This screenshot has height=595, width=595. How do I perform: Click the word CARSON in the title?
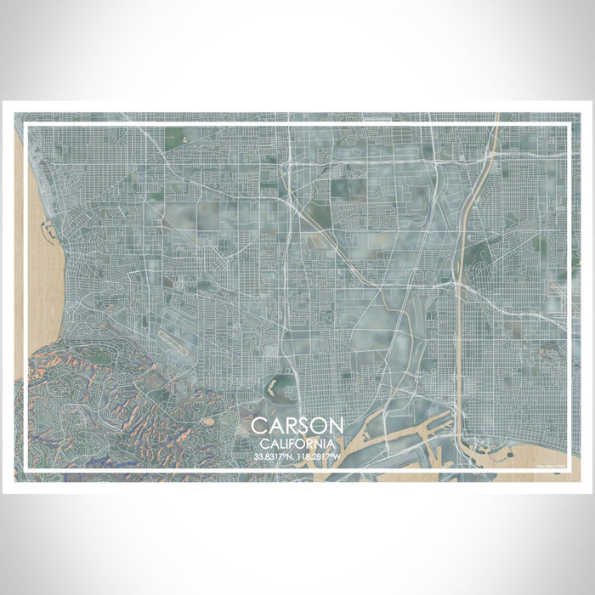click(297, 426)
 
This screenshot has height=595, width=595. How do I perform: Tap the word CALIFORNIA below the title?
click(297, 444)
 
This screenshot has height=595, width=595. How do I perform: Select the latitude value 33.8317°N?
click(275, 457)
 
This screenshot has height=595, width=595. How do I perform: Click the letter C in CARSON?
click(258, 426)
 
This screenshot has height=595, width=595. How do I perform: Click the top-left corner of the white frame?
click(27, 127)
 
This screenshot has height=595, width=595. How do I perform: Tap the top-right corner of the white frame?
click(567, 127)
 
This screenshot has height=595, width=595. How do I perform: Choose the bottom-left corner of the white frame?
click(27, 469)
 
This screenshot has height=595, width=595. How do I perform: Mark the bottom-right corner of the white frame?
click(567, 469)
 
